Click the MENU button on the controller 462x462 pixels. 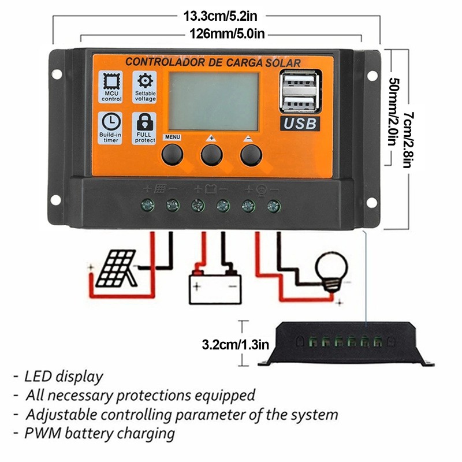click(172, 154)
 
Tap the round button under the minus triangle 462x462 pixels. click(251, 154)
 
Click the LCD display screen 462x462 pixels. click(213, 100)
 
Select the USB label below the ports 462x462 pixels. click(299, 123)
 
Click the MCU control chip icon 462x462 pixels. click(111, 80)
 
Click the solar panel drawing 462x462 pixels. click(115, 269)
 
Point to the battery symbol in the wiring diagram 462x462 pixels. click(215, 283)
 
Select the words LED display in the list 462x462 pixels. click(64, 377)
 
